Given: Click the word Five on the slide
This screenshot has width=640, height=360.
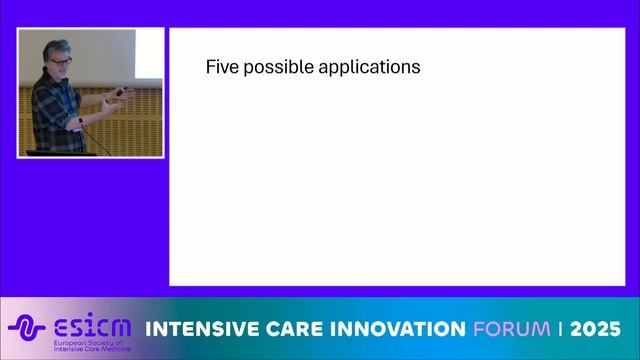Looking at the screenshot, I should [x=221, y=68].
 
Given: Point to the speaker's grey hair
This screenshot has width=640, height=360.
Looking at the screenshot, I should [x=55, y=47].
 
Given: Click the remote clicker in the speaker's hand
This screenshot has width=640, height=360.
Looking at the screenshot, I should [x=121, y=93].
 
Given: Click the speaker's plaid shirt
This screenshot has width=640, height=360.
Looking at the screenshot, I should [x=50, y=115].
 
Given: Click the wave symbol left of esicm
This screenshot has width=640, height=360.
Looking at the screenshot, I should [x=27, y=328].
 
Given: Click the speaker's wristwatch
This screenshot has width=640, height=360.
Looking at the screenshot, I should [x=81, y=121].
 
